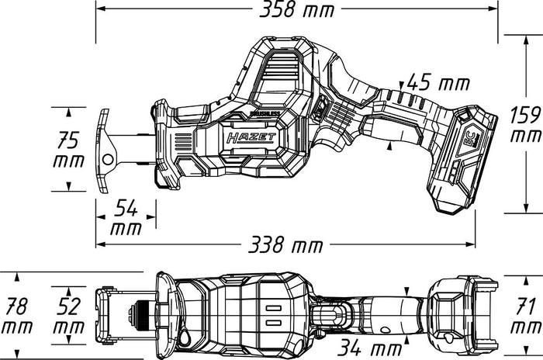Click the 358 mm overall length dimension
[x=297, y=10]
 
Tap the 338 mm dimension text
[x=285, y=244]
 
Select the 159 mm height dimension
[x=526, y=125]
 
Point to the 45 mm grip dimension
[x=438, y=83]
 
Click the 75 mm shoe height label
[x=68, y=149]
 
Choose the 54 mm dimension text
[x=126, y=217]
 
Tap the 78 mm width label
[x=17, y=316]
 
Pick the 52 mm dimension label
[x=68, y=316]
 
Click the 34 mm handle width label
[x=370, y=348]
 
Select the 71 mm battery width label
[x=526, y=316]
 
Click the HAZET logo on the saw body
[x=251, y=137]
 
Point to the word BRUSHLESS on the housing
[x=265, y=113]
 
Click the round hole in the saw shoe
[x=108, y=160]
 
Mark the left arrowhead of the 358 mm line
[x=100, y=9]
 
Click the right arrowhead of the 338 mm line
[x=471, y=244]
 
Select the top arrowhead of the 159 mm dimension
[x=526, y=40]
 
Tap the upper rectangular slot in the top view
[x=273, y=308]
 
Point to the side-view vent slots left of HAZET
[x=183, y=142]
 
